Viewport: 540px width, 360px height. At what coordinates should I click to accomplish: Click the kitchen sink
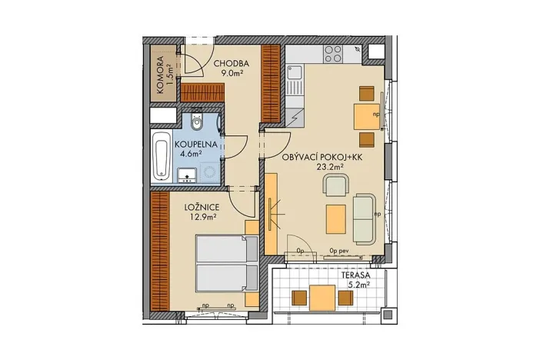click(x=294, y=75)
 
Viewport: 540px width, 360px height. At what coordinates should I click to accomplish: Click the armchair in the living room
click(x=336, y=185)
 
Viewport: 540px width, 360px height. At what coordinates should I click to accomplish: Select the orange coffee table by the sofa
click(x=335, y=218)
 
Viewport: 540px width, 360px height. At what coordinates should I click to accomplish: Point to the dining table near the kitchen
click(x=364, y=116)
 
